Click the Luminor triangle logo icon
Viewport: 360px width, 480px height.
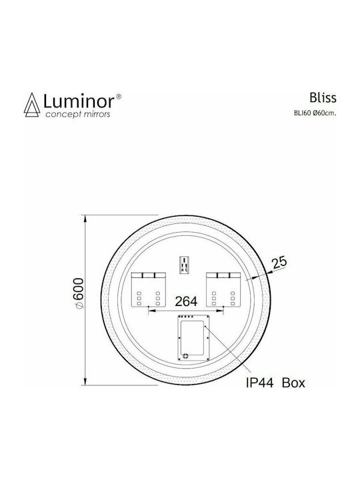(x=32, y=105)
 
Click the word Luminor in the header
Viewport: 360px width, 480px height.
(x=79, y=101)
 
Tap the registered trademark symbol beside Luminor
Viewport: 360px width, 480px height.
(x=119, y=97)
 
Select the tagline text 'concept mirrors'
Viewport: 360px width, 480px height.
(x=78, y=115)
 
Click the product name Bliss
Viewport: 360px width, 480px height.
(x=323, y=97)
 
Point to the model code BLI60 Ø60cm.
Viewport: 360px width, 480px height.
(x=315, y=113)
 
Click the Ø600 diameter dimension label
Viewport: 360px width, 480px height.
(x=79, y=293)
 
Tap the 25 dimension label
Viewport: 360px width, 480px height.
(x=279, y=262)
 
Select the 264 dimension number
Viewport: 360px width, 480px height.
(x=186, y=301)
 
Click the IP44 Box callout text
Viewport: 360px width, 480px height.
(x=275, y=383)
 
